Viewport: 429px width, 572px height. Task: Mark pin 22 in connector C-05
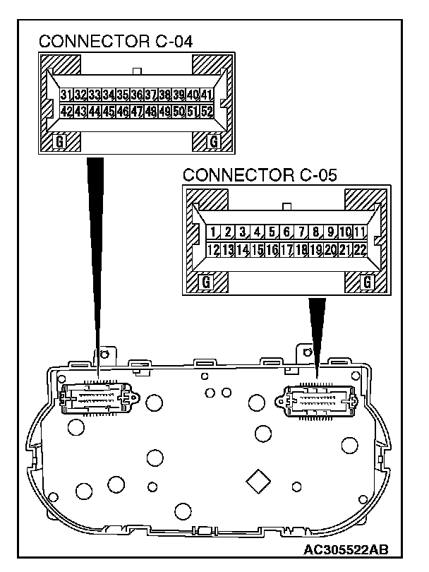click(x=360, y=249)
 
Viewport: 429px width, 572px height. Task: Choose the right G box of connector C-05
click(x=367, y=282)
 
